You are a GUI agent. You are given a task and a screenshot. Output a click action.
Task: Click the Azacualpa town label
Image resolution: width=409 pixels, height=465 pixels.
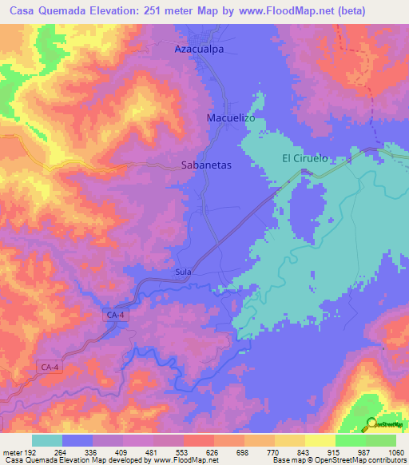[x=200, y=49]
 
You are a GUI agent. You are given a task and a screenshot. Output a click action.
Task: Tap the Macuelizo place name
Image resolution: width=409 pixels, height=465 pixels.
[x=230, y=117]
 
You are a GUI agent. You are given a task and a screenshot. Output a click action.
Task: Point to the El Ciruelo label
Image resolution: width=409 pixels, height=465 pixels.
[x=304, y=158]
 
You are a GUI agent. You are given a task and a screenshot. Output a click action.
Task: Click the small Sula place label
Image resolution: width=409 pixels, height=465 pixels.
[x=183, y=272]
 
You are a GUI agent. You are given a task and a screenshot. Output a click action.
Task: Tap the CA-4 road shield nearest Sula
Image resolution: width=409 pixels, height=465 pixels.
[x=115, y=316]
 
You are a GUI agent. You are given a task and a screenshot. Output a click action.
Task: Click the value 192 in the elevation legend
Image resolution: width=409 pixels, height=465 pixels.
[x=32, y=451]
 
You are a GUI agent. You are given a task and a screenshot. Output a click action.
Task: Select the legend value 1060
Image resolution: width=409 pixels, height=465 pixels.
[x=395, y=451]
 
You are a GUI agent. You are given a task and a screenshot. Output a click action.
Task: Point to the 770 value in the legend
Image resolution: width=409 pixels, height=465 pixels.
[x=274, y=451]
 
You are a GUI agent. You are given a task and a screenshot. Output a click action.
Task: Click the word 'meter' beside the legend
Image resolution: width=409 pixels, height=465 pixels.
[x=11, y=451]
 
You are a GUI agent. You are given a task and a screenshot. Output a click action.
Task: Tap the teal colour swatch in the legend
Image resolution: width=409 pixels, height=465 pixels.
[x=47, y=440]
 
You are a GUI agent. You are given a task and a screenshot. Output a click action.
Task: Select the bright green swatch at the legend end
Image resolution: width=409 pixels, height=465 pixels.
[x=381, y=440]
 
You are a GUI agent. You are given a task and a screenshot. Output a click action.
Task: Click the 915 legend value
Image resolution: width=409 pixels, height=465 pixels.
[x=335, y=451]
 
